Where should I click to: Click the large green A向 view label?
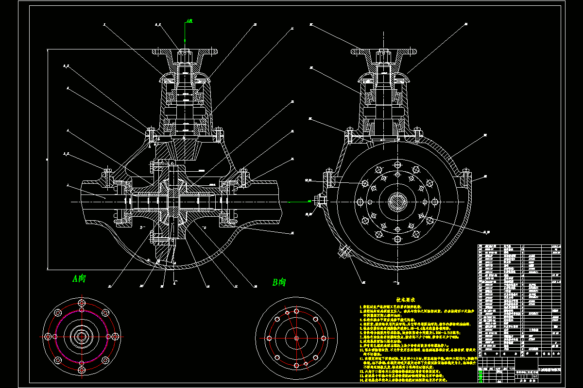79,278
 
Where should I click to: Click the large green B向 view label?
279,282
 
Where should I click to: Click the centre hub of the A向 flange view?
81,336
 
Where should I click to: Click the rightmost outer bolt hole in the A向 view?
116,336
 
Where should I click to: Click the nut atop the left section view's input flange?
185,51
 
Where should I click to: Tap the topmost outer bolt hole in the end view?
399,165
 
